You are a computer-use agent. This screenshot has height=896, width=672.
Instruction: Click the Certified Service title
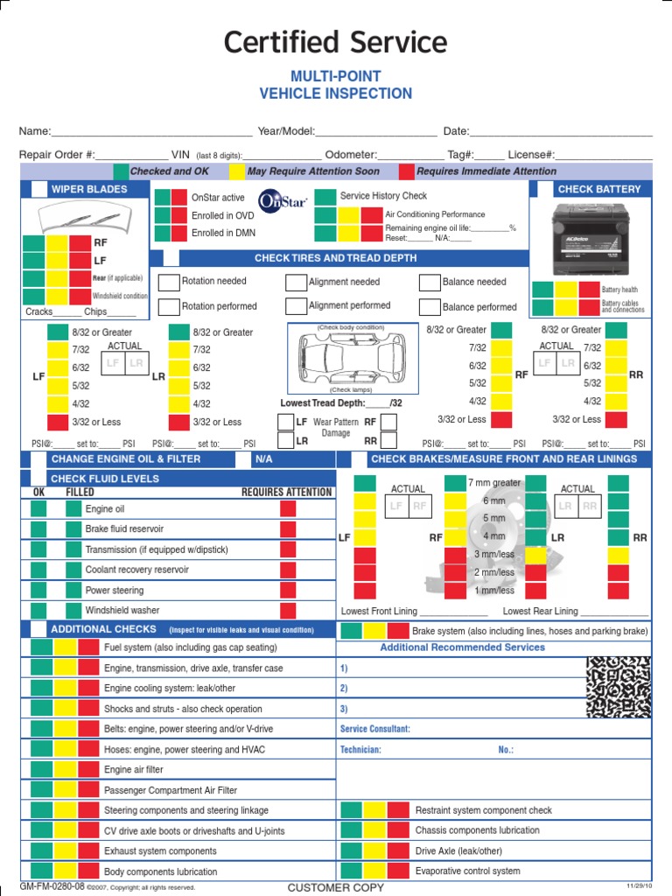pyautogui.click(x=335, y=42)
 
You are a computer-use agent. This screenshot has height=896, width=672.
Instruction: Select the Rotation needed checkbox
pyautogui.click(x=169, y=283)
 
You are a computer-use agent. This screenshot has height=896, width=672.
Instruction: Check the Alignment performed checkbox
pyautogui.click(x=296, y=306)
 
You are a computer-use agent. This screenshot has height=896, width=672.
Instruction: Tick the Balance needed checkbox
pyautogui.click(x=430, y=283)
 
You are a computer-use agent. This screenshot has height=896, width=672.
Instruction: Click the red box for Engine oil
pyautogui.click(x=288, y=509)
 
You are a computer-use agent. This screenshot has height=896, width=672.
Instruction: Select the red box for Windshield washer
pyautogui.click(x=288, y=611)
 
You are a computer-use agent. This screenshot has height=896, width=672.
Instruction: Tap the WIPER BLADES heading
pyautogui.click(x=88, y=189)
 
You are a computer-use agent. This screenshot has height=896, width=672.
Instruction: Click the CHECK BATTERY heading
pyautogui.click(x=598, y=189)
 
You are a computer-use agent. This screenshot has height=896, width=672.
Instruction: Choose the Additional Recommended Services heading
pyautogui.click(x=462, y=647)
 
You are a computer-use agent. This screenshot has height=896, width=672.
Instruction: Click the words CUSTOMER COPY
pyautogui.click(x=335, y=887)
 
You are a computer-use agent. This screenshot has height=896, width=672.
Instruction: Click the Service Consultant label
pyautogui.click(x=374, y=729)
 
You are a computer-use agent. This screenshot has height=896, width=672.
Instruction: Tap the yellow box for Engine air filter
pyautogui.click(x=66, y=770)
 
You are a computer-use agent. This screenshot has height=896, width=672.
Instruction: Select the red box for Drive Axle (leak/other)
pyautogui.click(x=398, y=850)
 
